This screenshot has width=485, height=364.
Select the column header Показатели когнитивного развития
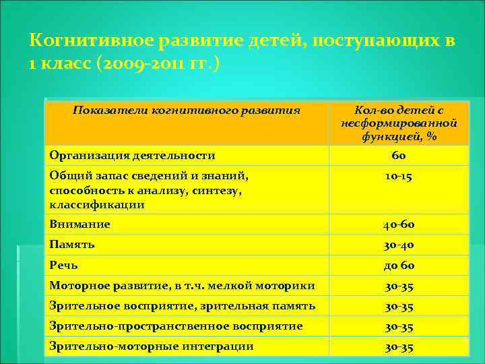(x=186, y=110)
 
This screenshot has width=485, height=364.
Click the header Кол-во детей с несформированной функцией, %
(x=399, y=123)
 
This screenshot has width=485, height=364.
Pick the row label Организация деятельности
(x=132, y=156)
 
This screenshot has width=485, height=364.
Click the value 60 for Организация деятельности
(x=399, y=156)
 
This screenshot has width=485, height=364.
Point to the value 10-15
(x=399, y=177)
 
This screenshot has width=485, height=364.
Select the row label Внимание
(x=80, y=224)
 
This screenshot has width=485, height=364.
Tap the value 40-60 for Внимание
(x=399, y=224)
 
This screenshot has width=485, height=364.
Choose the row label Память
(x=72, y=245)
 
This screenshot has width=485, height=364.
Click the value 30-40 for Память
(x=399, y=245)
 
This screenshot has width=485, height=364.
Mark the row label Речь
(x=65, y=265)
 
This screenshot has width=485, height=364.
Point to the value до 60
(x=399, y=265)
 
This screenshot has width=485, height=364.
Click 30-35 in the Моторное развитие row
(x=399, y=286)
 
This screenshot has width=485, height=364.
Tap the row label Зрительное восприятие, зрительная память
(x=182, y=306)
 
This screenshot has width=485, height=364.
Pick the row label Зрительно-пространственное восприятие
(x=176, y=326)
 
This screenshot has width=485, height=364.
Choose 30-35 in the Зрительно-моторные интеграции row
(x=399, y=347)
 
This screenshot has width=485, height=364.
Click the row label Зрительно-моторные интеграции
(x=152, y=346)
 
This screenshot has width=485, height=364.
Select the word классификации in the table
(x=96, y=205)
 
